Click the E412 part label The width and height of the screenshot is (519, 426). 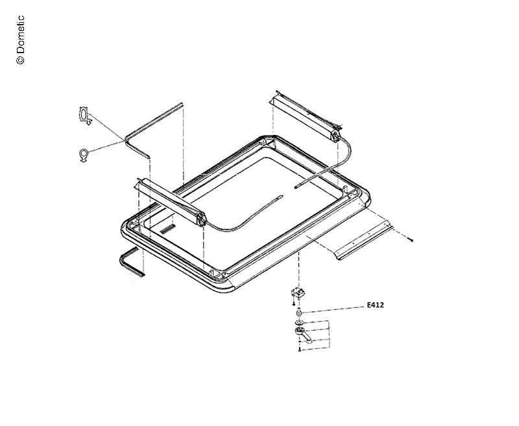point(376,305)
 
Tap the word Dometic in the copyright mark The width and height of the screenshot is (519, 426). point(21,34)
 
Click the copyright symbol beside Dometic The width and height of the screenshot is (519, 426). point(20,60)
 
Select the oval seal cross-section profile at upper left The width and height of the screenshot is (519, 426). point(85,116)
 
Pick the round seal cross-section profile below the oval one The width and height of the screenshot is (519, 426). point(84,156)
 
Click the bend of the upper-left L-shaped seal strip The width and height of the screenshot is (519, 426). point(127,140)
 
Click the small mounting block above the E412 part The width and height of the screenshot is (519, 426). point(298,292)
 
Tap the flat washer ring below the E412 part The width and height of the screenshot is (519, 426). point(298,323)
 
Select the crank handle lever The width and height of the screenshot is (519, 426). point(303,334)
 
